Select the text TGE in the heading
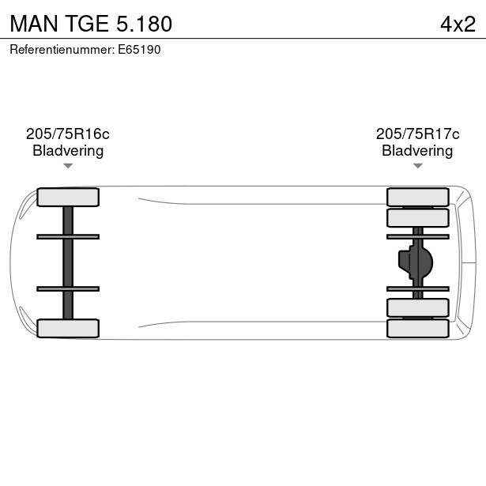pyautogui.click(x=83, y=24)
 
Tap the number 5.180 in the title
pyautogui.click(x=143, y=24)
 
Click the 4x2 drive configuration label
pyautogui.click(x=458, y=24)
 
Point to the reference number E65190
pyautogui.click(x=139, y=49)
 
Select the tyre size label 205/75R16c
pyautogui.click(x=68, y=134)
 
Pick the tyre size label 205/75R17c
pyautogui.click(x=417, y=134)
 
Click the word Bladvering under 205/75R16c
pyautogui.click(x=68, y=151)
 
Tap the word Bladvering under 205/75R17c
pyautogui.click(x=417, y=151)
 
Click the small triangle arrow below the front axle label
pyautogui.click(x=68, y=166)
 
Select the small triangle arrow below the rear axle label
pyautogui.click(x=417, y=166)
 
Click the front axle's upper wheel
pyautogui.click(x=68, y=197)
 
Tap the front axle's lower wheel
pyautogui.click(x=68, y=328)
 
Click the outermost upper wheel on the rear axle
pyautogui.click(x=417, y=197)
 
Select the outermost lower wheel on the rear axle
pyautogui.click(x=417, y=328)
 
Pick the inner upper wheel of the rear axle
pyautogui.click(x=417, y=217)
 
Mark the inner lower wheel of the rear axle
pyautogui.click(x=417, y=307)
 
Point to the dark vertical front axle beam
pyautogui.click(x=68, y=262)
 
